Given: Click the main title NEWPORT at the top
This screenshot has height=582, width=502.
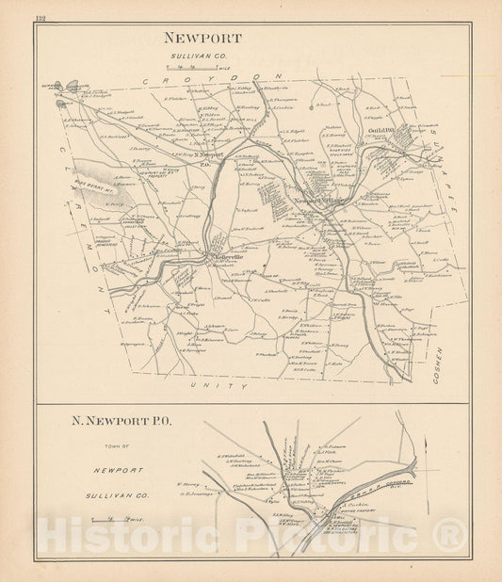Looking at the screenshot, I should [202, 39].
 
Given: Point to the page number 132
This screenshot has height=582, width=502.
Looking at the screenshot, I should [40, 18].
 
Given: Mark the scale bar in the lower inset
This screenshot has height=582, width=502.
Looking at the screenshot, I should [105, 519].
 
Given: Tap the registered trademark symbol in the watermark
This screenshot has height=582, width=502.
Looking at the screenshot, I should [451, 537].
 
